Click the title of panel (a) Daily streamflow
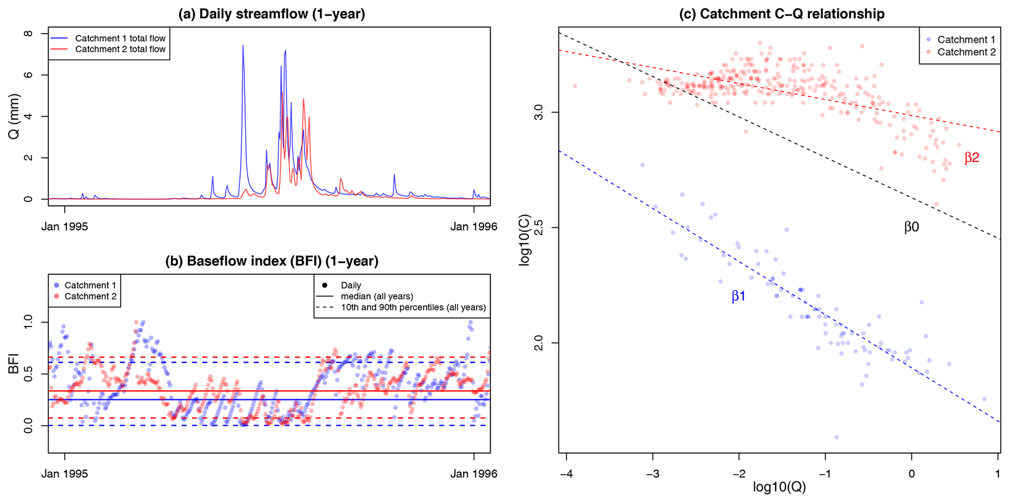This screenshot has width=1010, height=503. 272,14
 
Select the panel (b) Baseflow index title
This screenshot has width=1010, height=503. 272,261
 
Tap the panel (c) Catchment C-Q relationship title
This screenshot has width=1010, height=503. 782,14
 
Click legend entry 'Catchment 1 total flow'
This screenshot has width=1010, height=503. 120,38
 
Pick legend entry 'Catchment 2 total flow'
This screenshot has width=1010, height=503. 120,49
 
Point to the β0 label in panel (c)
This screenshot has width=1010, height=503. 911,227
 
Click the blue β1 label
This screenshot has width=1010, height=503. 738,296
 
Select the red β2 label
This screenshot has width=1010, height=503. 972,158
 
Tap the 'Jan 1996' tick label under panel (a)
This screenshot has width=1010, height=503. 473,227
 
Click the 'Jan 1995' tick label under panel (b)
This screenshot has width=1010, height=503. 64,474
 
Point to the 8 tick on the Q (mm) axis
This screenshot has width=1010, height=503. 28,34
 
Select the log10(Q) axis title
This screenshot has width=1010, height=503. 779,487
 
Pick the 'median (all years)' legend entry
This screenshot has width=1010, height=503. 377,296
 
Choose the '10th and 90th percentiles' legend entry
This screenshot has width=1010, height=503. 413,307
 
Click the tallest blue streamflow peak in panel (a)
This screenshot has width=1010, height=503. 243,45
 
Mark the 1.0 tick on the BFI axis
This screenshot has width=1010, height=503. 29,323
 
